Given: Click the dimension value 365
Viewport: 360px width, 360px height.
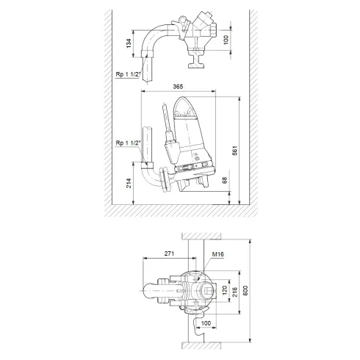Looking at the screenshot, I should (x=179, y=87).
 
